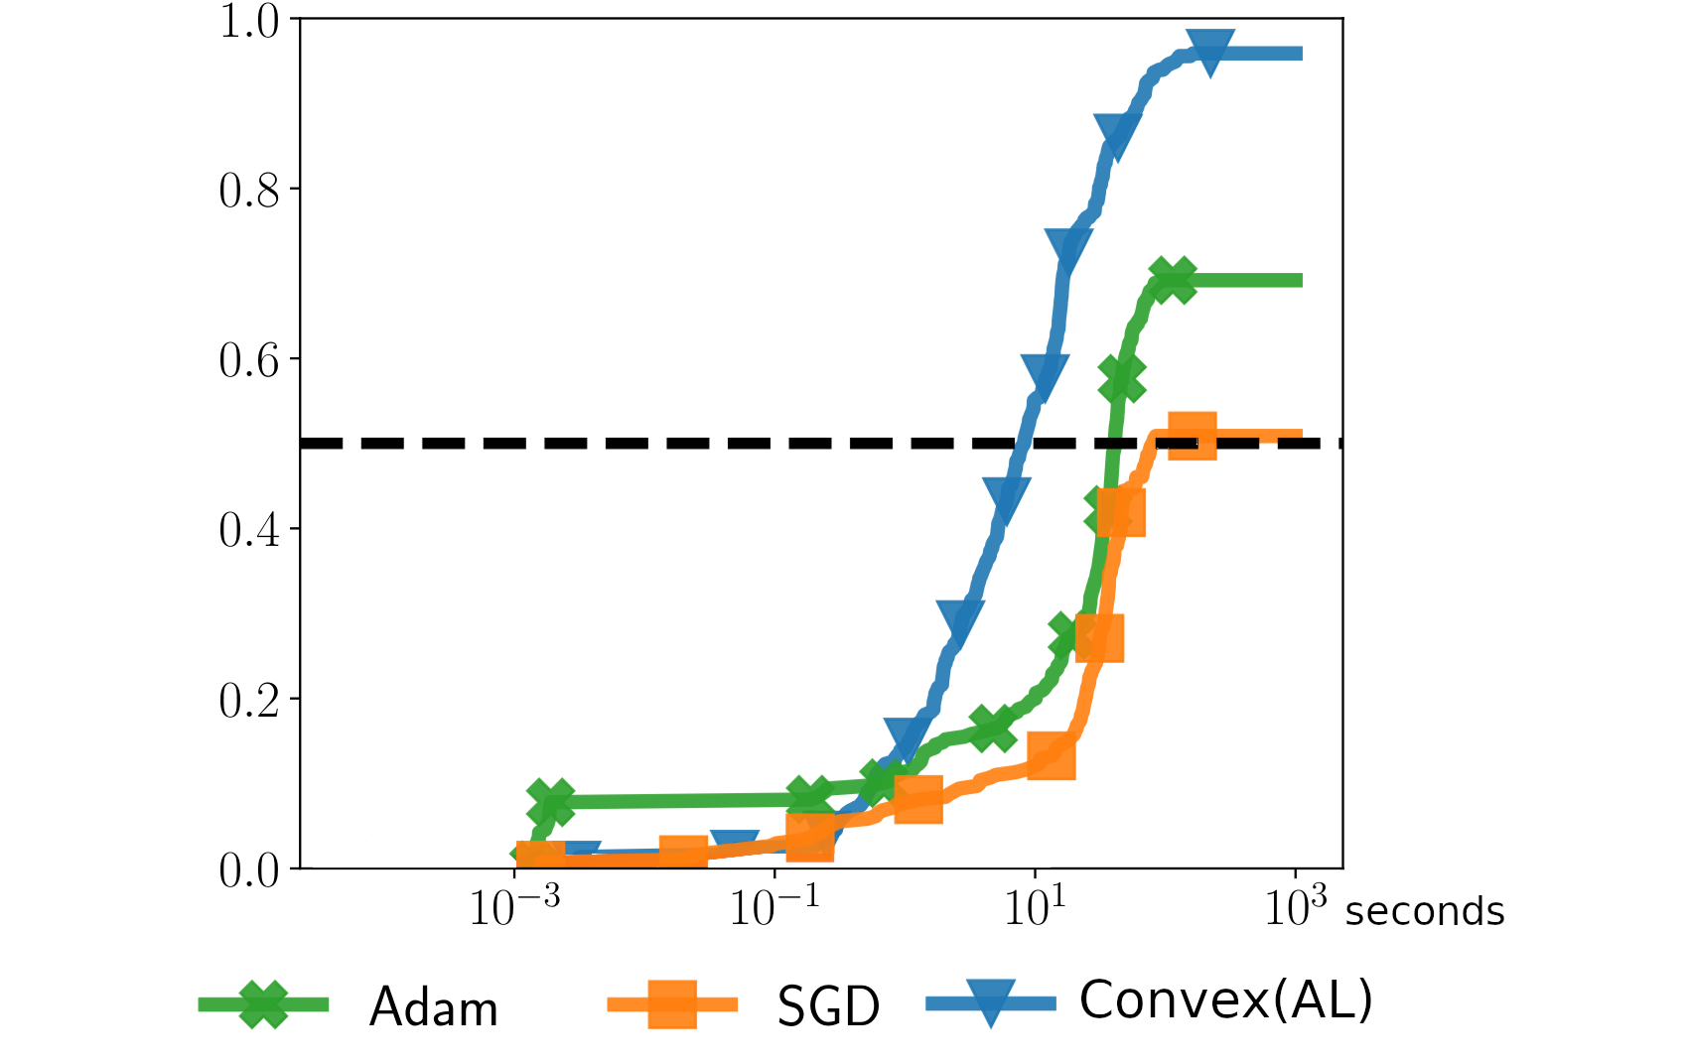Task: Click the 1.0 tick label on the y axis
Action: pyautogui.click(x=249, y=22)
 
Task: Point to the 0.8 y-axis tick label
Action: pyautogui.click(x=249, y=191)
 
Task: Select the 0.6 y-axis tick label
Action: pyautogui.click(x=249, y=360)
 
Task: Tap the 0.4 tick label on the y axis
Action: pyautogui.click(x=249, y=530)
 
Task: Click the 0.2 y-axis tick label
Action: pyautogui.click(x=249, y=700)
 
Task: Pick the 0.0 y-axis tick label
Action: pyautogui.click(x=249, y=870)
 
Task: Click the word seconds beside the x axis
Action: pyautogui.click(x=1424, y=911)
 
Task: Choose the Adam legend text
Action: pyautogui.click(x=433, y=1007)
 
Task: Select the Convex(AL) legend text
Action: pyautogui.click(x=1225, y=999)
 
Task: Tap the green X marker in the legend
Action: pyautogui.click(x=263, y=1004)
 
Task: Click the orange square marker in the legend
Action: pyautogui.click(x=672, y=1004)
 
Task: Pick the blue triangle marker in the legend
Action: pyautogui.click(x=990, y=1002)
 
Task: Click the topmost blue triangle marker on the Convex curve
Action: pyautogui.click(x=1210, y=52)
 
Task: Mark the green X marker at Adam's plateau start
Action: pyautogui.click(x=1173, y=280)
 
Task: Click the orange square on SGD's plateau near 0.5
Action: pyautogui.click(x=1192, y=437)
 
